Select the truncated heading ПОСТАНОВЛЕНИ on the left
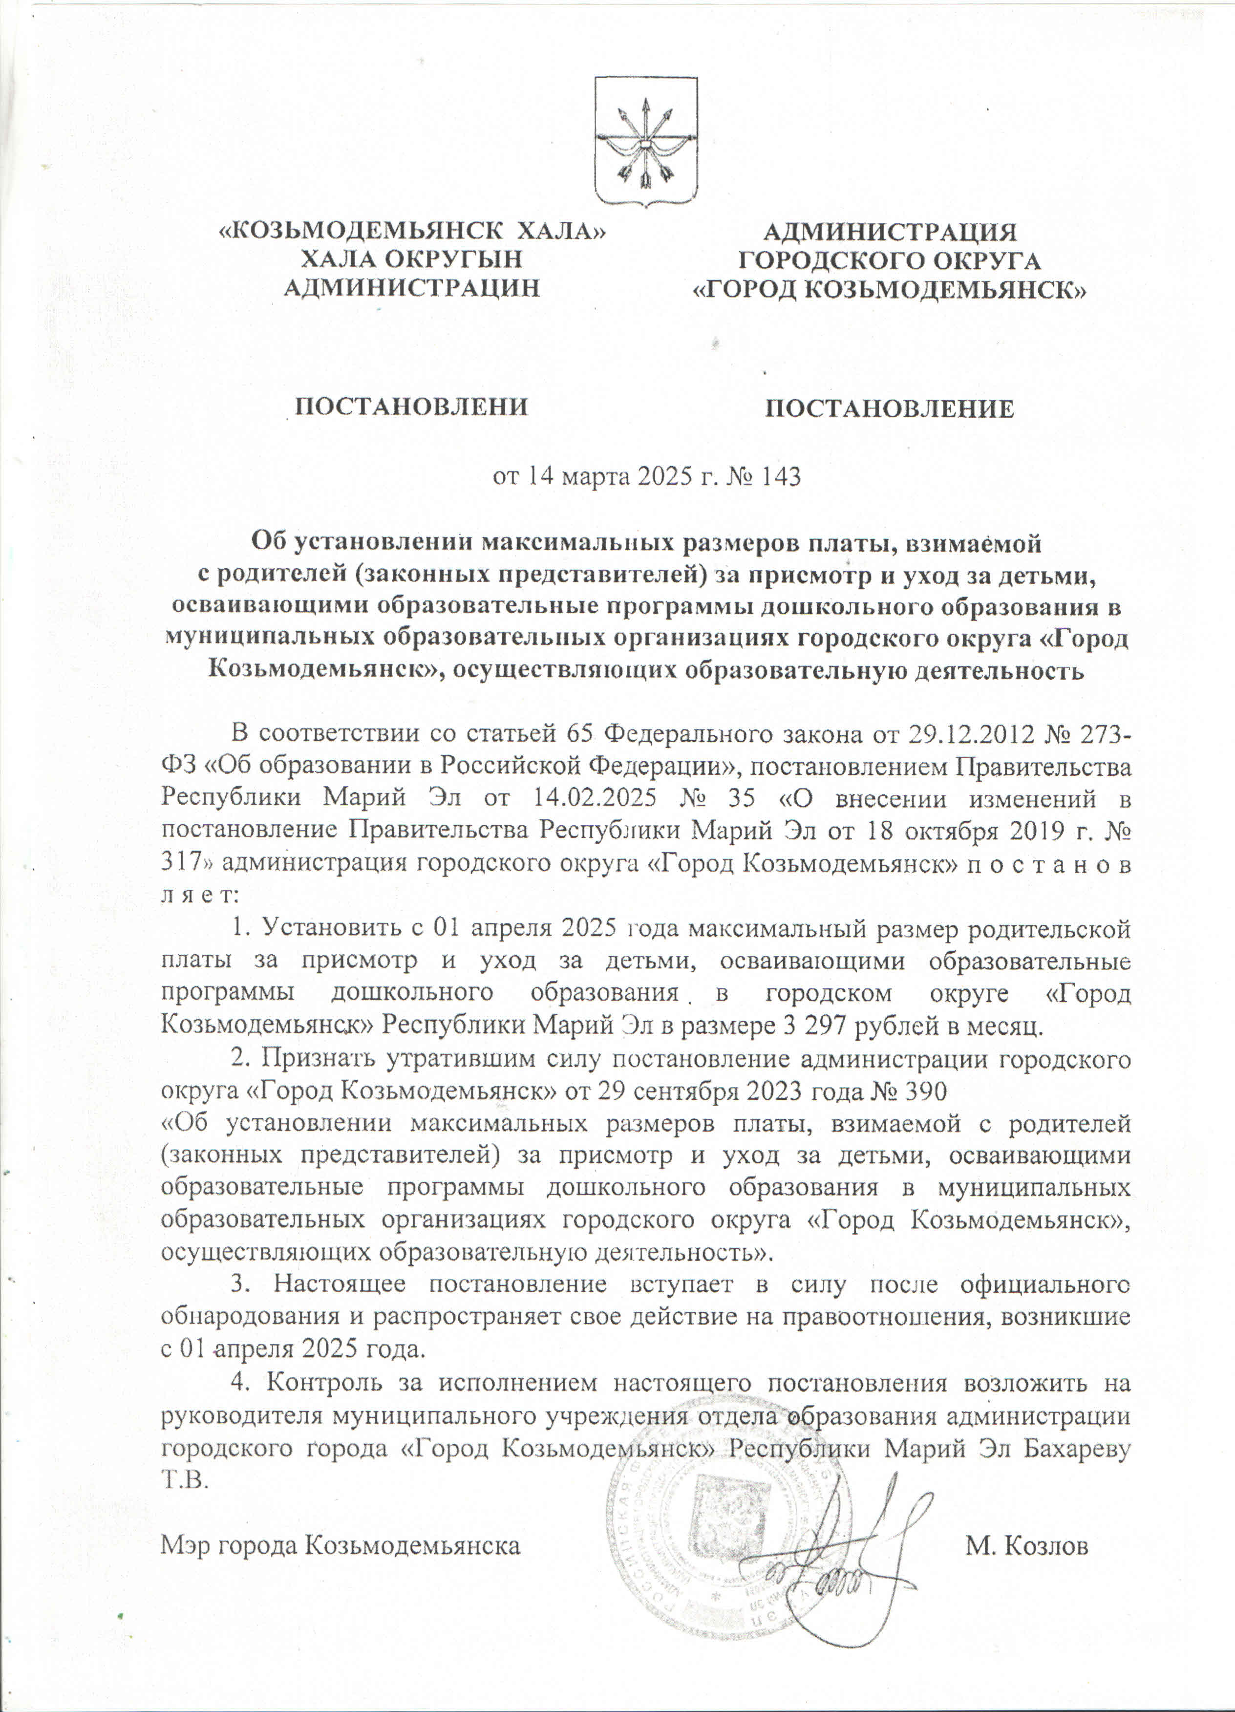[x=411, y=407]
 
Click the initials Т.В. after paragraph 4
[x=183, y=1481]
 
